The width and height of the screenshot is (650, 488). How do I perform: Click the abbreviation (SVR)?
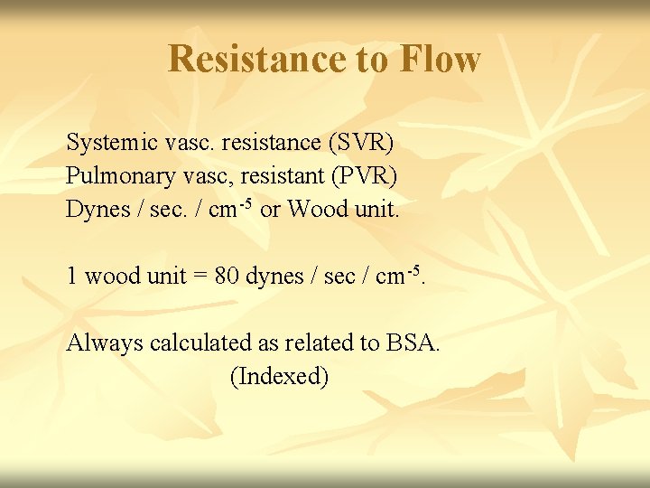(361, 143)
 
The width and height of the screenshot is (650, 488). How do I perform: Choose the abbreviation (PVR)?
(365, 175)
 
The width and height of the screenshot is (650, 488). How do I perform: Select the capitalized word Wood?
(317, 209)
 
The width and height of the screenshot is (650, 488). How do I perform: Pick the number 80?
(227, 276)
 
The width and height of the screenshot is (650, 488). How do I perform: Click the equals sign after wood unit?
(199, 276)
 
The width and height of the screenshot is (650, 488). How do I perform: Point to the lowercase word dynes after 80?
(275, 276)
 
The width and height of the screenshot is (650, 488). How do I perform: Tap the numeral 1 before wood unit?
(72, 276)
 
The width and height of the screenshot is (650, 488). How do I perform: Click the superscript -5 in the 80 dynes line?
(412, 268)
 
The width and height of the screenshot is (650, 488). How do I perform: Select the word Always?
(105, 343)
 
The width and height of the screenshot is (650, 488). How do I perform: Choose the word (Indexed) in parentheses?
(280, 376)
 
